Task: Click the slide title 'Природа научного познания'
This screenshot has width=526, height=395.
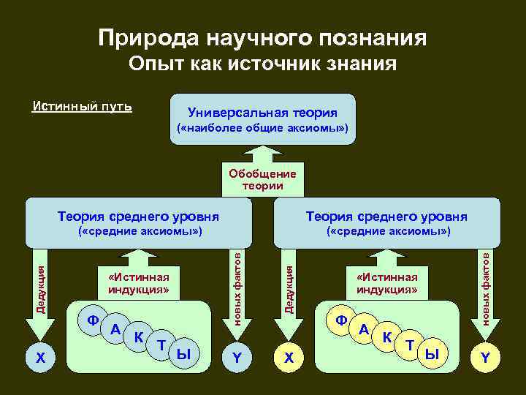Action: point(262,37)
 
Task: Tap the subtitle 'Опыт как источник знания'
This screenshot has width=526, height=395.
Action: point(262,65)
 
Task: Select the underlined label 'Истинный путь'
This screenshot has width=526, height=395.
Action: point(83,107)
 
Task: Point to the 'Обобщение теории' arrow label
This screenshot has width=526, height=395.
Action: point(262,179)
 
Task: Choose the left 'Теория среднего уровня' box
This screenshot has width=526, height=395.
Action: point(139,223)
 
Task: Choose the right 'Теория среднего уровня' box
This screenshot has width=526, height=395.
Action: point(386,223)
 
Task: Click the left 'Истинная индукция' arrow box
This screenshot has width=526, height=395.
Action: point(138,282)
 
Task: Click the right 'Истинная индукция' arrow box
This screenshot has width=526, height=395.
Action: point(386,282)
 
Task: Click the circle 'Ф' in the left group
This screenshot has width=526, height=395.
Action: point(92,320)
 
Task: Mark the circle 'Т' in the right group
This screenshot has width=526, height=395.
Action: point(410,345)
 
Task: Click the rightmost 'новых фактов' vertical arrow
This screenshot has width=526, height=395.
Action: point(484,289)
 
